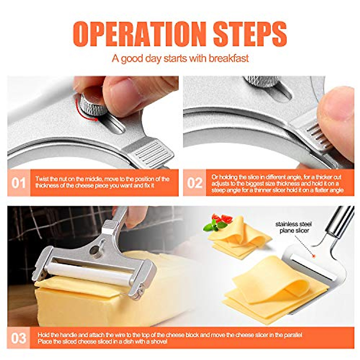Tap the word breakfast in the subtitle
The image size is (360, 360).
(x=229, y=58)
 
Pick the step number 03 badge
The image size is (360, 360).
(x=19, y=338)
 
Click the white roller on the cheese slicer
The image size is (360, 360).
(x=90, y=273)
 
